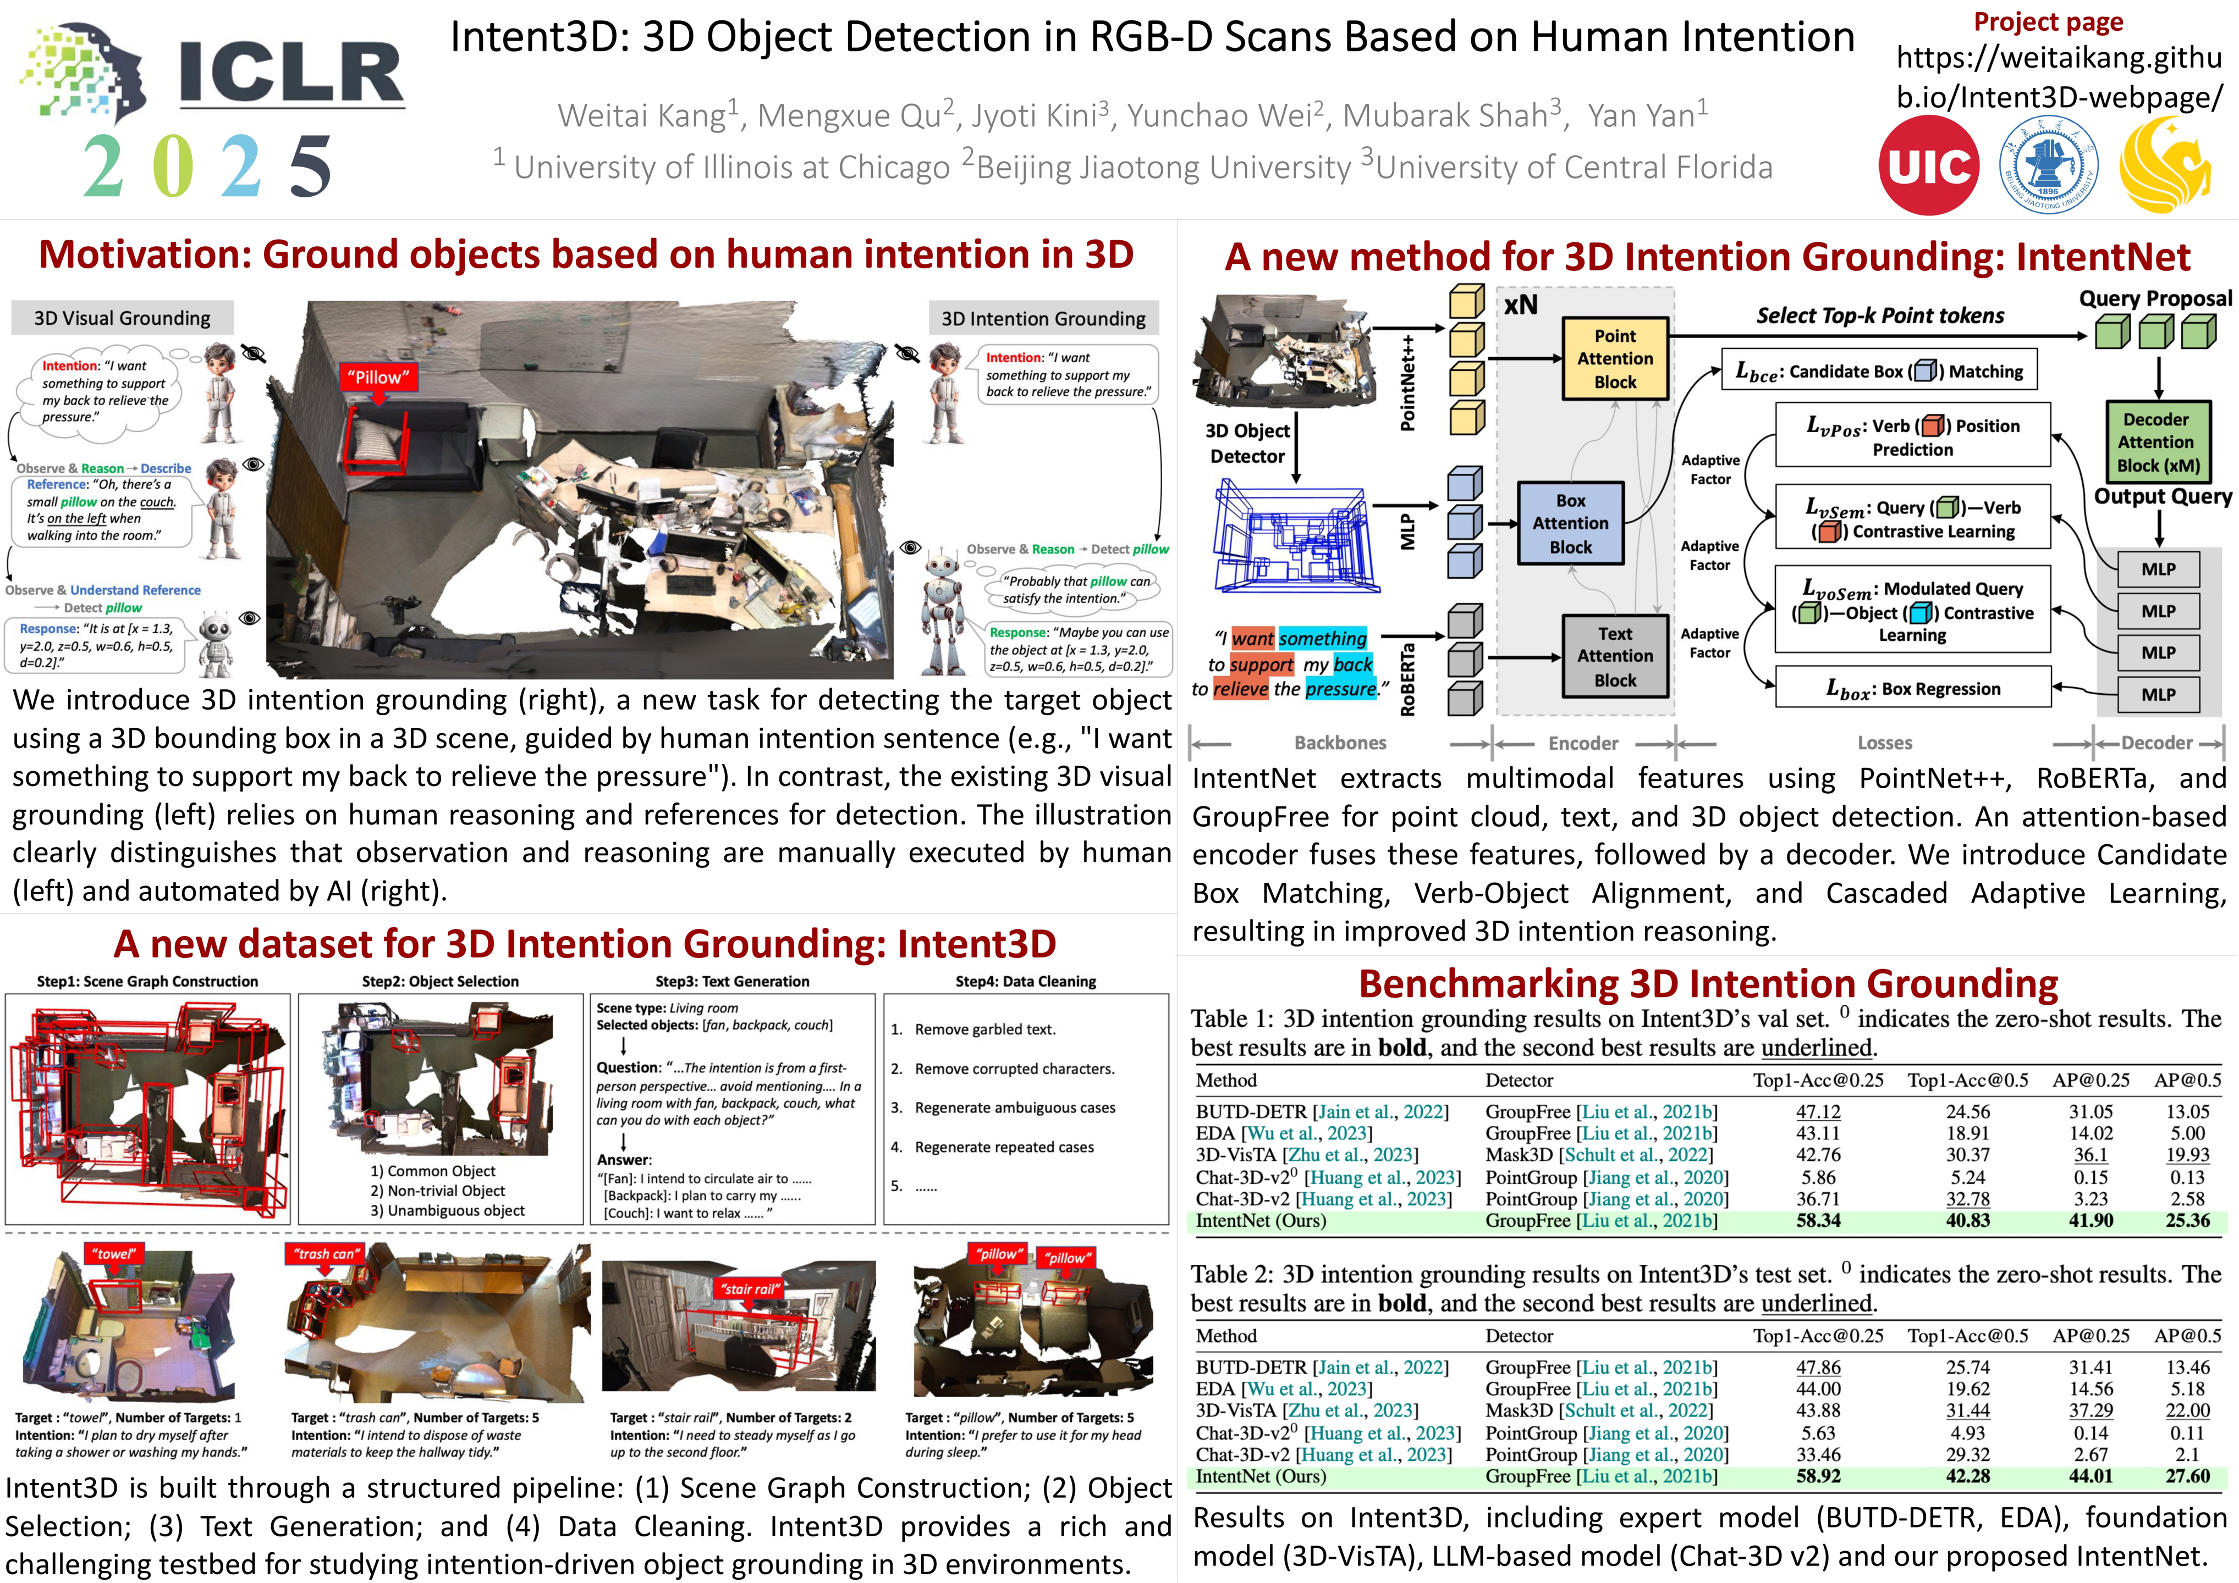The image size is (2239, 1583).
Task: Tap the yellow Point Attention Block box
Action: point(1615,359)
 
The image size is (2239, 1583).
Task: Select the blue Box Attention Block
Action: point(1570,523)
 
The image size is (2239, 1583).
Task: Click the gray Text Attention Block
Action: point(1615,656)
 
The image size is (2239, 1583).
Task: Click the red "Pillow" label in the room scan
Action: point(378,377)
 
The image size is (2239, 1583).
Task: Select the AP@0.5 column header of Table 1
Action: point(2187,1080)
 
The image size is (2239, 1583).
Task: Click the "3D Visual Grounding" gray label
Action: point(122,318)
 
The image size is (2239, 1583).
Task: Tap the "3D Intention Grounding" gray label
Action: point(1043,319)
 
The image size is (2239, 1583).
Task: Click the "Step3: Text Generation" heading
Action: point(733,982)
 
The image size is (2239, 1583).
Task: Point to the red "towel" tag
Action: point(115,1254)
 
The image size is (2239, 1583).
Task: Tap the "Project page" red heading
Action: point(2048,21)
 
